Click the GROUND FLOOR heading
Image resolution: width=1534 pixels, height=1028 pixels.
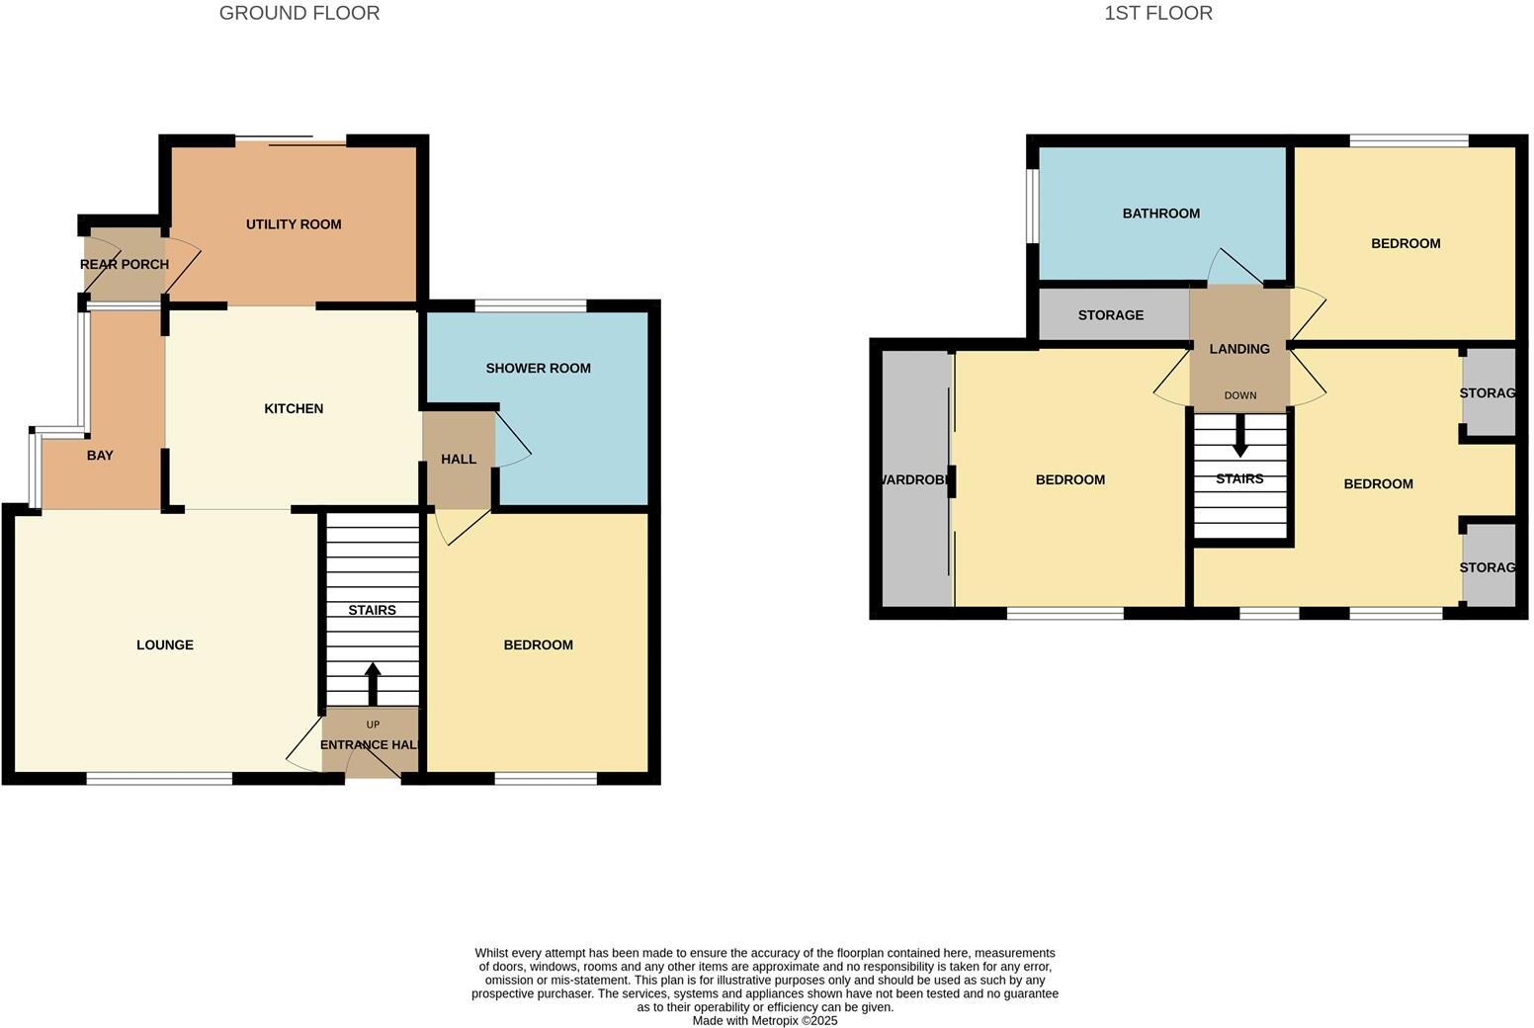(x=298, y=13)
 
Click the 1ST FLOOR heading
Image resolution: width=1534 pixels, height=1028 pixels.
(x=1158, y=13)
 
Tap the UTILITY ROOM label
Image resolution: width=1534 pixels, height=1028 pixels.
(x=294, y=224)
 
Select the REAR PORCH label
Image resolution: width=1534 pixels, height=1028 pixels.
(x=125, y=264)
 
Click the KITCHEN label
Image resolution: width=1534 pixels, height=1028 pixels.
(x=294, y=408)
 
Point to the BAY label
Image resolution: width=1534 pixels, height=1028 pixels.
(x=100, y=456)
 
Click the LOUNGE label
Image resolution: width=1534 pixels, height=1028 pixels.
(x=165, y=644)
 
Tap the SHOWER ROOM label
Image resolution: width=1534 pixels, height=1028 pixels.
(x=538, y=368)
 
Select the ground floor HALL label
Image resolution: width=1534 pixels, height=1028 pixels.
(x=459, y=459)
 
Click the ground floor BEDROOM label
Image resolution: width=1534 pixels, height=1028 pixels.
(x=538, y=644)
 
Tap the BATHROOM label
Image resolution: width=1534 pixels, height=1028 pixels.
(x=1160, y=213)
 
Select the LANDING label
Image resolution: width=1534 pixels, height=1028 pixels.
(x=1239, y=348)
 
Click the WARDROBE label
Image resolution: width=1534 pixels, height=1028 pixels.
(x=915, y=479)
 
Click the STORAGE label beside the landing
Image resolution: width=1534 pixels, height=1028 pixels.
(x=1110, y=314)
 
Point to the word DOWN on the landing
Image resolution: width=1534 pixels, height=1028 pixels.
(x=1239, y=395)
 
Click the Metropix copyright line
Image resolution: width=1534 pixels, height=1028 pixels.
(x=764, y=1020)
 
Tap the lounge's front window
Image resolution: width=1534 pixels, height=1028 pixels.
(x=159, y=779)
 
